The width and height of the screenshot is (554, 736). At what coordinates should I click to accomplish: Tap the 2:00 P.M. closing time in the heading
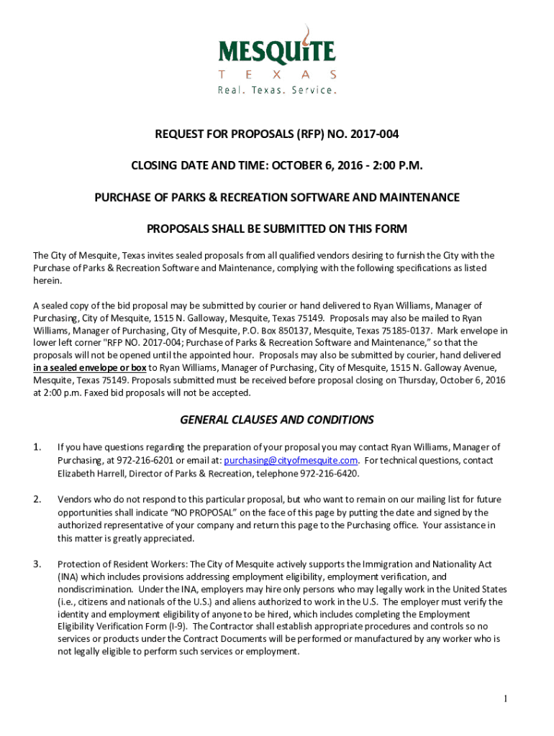pos(398,166)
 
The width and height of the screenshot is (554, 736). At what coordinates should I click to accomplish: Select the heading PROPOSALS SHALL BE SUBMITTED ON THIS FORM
pos(277,229)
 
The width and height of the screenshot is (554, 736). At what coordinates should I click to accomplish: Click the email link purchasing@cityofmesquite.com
pos(291,461)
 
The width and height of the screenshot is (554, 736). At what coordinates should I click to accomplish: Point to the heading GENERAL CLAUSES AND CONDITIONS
pos(277,420)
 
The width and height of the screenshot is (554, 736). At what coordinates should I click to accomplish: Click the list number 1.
pos(37,447)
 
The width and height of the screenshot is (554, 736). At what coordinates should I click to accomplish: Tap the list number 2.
pos(37,499)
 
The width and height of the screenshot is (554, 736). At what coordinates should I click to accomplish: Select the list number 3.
pos(37,563)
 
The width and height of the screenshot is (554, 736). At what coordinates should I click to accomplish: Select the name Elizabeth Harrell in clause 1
pos(88,474)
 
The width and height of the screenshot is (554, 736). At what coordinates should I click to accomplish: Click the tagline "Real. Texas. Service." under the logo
pos(277,91)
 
